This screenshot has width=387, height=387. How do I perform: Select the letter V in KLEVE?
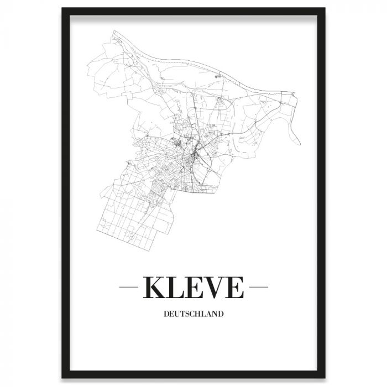[213, 287]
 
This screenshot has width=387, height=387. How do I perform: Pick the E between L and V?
[195, 287]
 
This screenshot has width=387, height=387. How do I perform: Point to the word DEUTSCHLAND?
[193, 315]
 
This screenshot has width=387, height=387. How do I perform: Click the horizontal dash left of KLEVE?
[129, 287]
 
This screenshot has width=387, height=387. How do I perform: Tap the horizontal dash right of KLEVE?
[258, 287]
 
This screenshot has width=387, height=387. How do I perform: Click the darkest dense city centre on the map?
[191, 160]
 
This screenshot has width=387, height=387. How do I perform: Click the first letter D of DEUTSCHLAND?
[166, 315]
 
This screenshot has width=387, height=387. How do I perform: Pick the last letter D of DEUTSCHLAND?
[221, 315]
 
